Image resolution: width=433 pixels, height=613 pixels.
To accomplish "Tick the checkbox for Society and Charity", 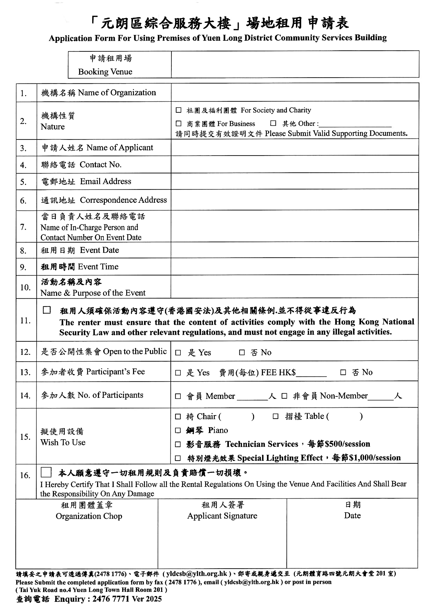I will [x=178, y=110].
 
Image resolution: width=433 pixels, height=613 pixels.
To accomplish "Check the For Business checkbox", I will [x=178, y=123].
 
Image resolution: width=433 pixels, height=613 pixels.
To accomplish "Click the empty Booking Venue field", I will [x=295, y=64].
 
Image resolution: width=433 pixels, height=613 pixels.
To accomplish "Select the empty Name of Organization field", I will [x=295, y=92].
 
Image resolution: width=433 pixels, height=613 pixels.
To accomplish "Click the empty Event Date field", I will [x=295, y=250].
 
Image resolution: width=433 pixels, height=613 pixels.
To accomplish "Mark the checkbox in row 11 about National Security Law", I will [x=47, y=310].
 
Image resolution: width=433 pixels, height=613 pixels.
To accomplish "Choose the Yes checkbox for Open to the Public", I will [x=178, y=353].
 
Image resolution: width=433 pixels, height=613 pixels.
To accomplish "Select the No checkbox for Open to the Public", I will [x=242, y=352].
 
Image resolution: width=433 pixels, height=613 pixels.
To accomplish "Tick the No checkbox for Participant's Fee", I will [x=343, y=372].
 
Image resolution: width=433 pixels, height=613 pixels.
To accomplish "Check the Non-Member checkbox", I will [x=284, y=396].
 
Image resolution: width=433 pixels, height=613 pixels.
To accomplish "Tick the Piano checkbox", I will [x=178, y=430].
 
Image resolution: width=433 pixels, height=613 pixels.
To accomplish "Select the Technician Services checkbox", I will [x=178, y=444].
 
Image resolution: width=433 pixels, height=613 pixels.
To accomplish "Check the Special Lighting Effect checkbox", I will [x=178, y=458].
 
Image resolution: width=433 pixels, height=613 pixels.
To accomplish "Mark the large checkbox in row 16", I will [x=46, y=472].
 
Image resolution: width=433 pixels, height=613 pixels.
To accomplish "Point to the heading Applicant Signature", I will [x=222, y=516].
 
